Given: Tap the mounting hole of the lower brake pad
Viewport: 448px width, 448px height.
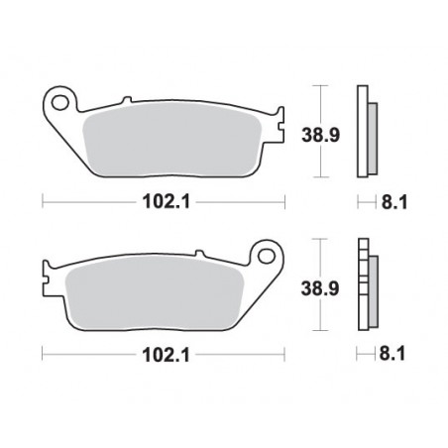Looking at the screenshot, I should (265, 255).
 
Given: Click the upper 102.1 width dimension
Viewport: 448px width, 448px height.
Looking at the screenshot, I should (164, 203).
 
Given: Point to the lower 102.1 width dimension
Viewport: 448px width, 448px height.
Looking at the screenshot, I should (164, 352).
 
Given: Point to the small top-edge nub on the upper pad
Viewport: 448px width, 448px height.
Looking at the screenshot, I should (127, 100).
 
